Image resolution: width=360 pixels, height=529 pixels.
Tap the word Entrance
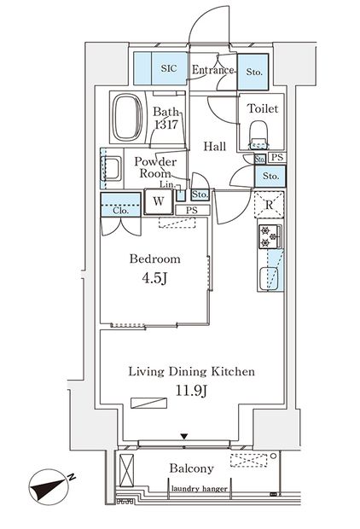[212, 70]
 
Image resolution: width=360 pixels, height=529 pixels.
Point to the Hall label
[214, 147]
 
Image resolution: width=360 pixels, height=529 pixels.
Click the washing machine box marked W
[158, 202]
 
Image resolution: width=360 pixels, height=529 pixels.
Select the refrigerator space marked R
[270, 206]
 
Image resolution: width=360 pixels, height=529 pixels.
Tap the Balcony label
[190, 468]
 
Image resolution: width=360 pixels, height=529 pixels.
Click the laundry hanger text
[198, 489]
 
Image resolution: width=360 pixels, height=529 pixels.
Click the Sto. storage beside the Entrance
[253, 72]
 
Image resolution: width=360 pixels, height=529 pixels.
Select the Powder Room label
[155, 166]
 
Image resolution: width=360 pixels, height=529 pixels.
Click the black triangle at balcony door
[183, 438]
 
